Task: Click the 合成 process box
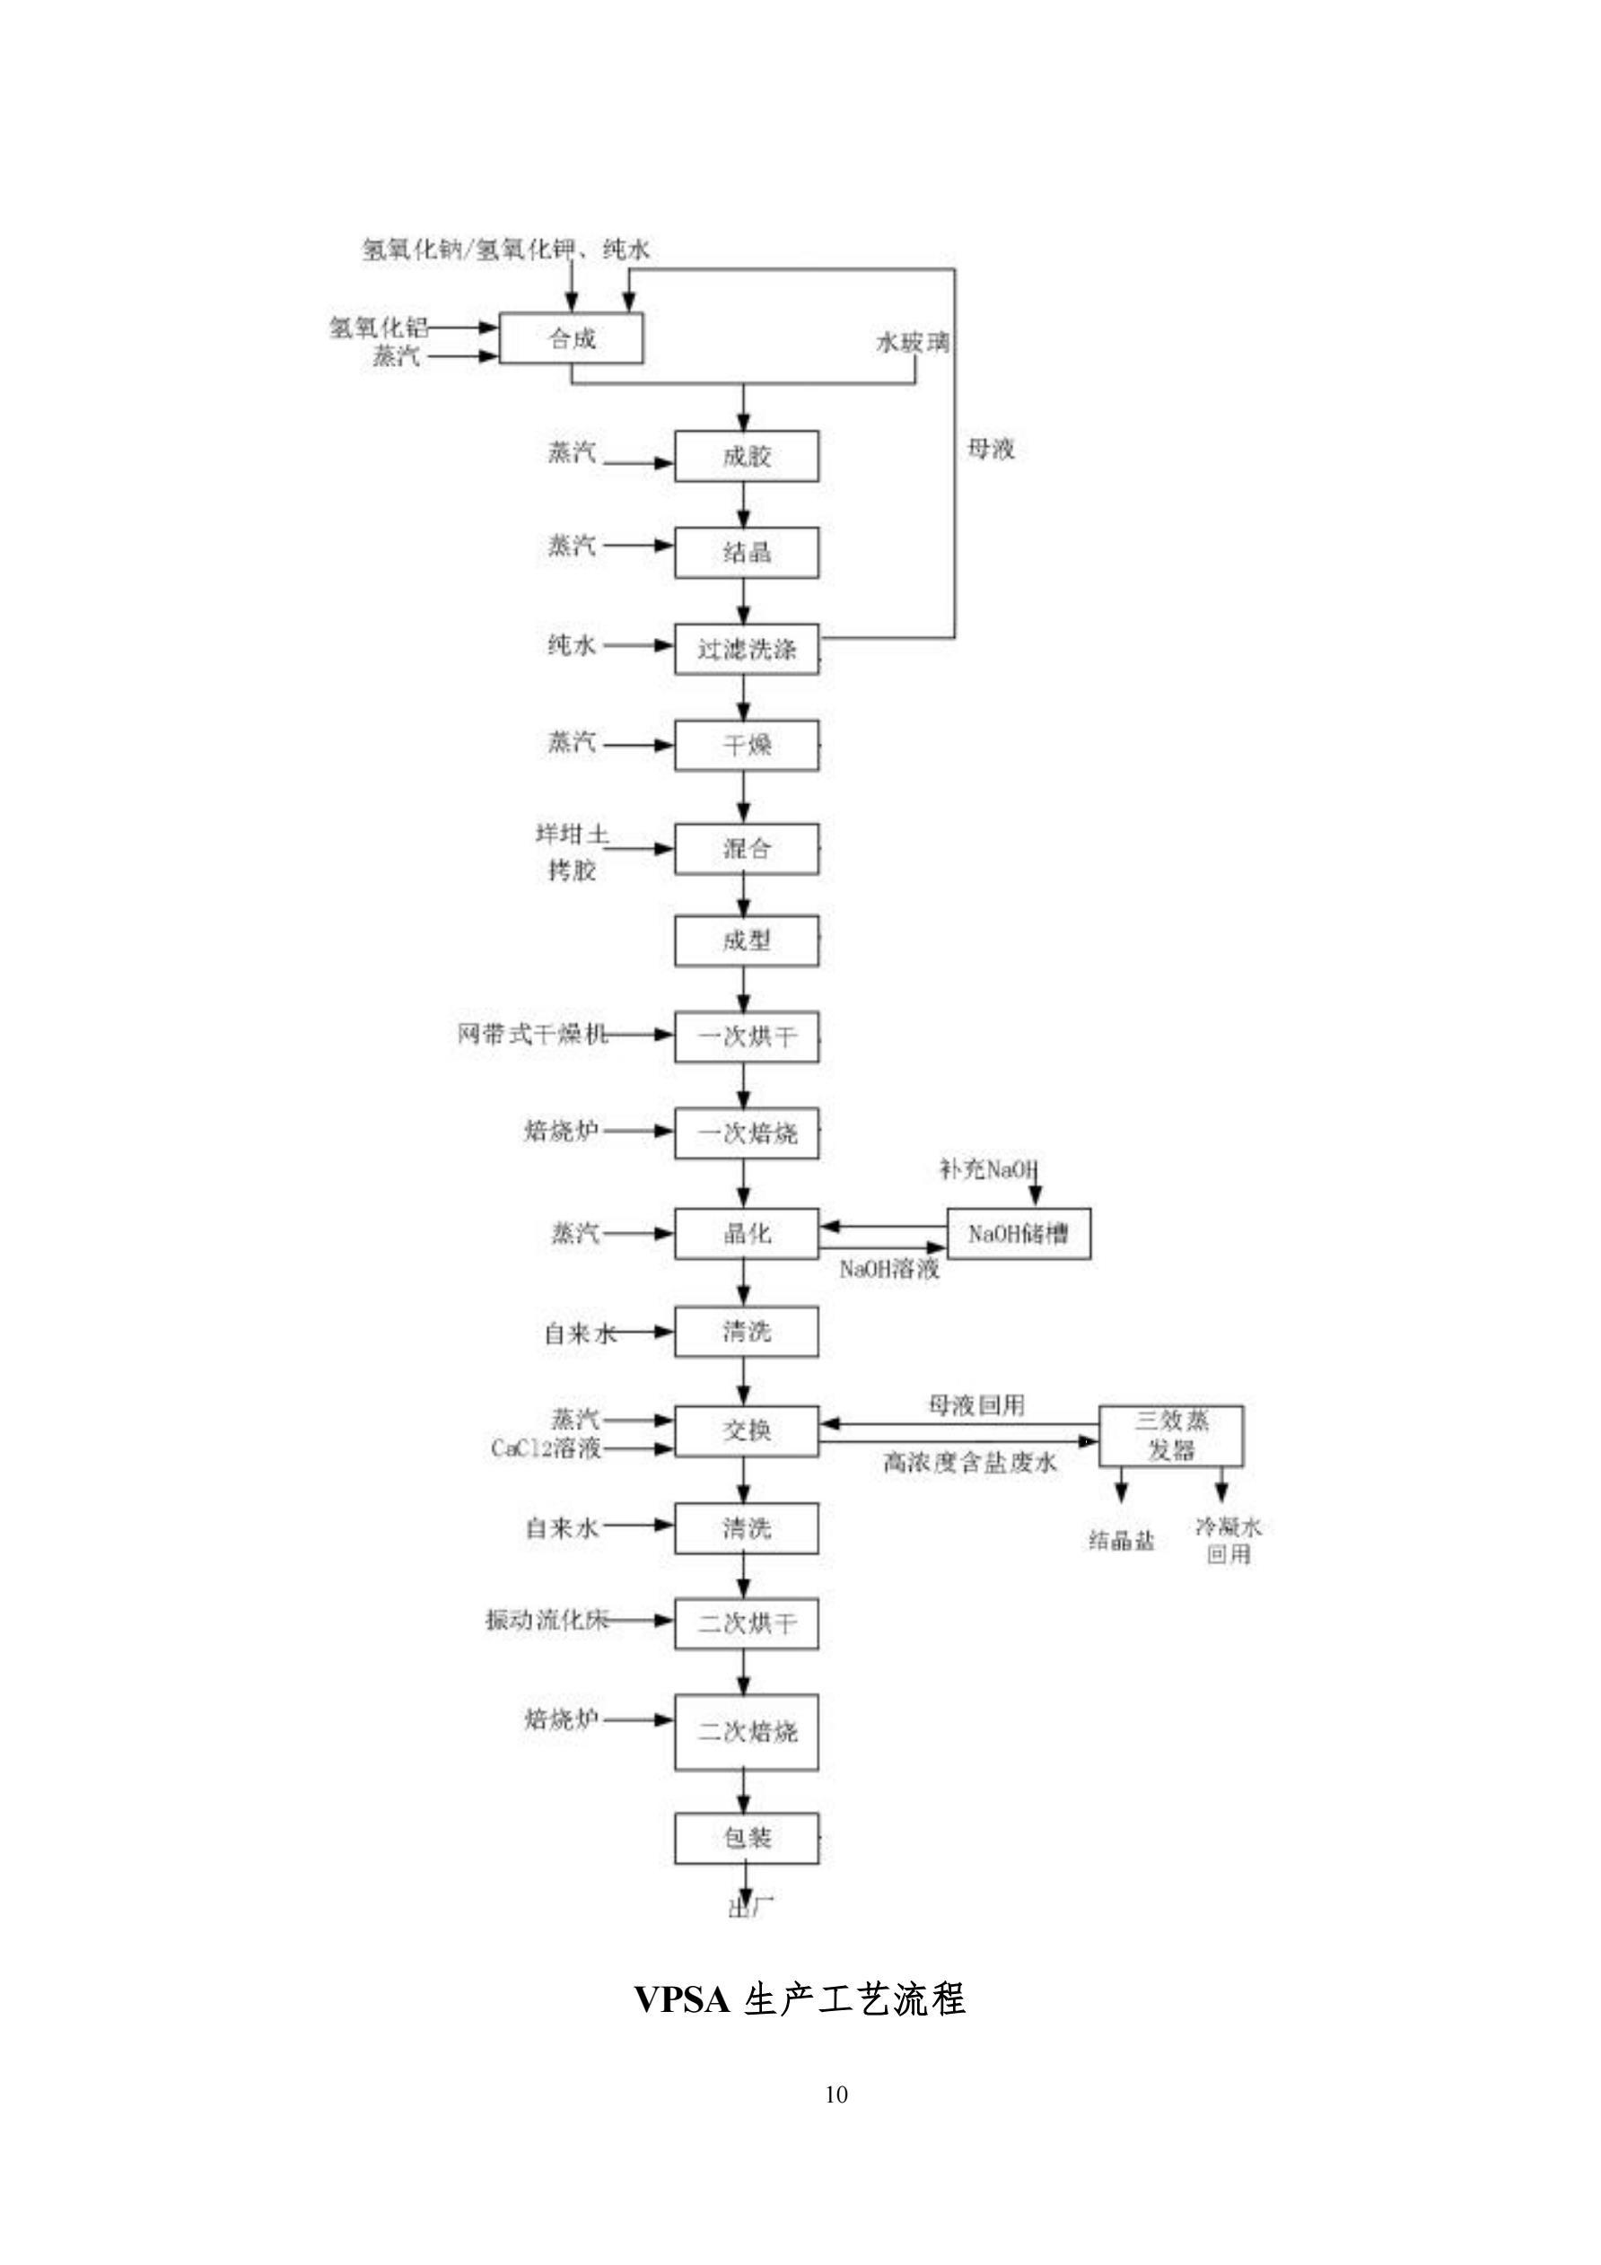[571, 338]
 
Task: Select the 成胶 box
[746, 456]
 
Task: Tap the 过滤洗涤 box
[746, 649]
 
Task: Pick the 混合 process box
[746, 848]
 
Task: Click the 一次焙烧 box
[746, 1132]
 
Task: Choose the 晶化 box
[746, 1233]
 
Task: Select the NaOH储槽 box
[1018, 1233]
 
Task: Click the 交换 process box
[746, 1430]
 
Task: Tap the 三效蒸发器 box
[1171, 1435]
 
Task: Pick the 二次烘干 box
[746, 1622]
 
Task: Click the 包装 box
[746, 1837]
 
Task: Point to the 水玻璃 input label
[913, 342]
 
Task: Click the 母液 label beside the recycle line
[991, 450]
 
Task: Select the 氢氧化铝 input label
[378, 327]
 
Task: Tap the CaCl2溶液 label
[546, 1448]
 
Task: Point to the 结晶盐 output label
[1121, 1541]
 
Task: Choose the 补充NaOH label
[987, 1170]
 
